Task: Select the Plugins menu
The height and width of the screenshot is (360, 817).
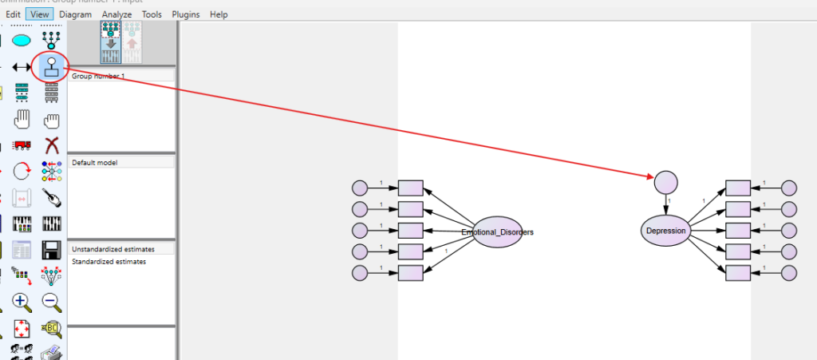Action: (x=186, y=14)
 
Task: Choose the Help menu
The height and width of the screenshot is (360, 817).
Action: (x=219, y=14)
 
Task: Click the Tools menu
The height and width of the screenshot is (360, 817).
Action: (x=152, y=14)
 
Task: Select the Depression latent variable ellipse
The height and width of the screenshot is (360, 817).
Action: (x=665, y=231)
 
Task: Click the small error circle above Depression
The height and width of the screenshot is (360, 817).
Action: (x=665, y=182)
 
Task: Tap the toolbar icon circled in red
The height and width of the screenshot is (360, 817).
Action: (x=52, y=67)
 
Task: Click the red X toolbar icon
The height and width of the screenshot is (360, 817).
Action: (x=52, y=145)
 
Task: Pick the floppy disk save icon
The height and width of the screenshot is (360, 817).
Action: (x=52, y=249)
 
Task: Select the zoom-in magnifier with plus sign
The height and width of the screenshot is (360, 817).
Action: (x=22, y=302)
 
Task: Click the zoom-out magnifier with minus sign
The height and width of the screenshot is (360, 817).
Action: (x=52, y=302)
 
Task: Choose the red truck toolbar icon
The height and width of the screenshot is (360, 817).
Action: (x=22, y=145)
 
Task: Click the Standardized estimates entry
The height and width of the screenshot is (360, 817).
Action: (x=109, y=262)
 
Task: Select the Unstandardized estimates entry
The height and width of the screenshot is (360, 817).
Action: (x=112, y=249)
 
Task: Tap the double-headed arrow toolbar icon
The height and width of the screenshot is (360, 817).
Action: (x=22, y=67)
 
